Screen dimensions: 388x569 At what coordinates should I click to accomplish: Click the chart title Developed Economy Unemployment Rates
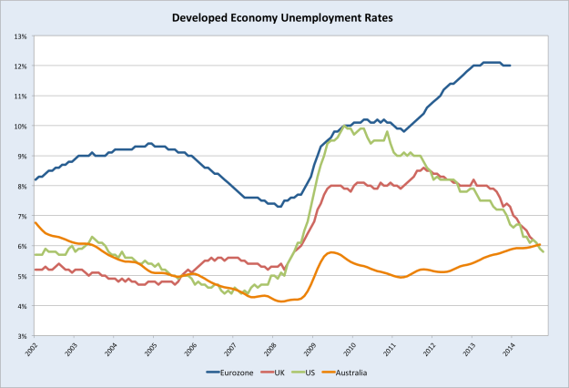pyautogui.click(x=284, y=16)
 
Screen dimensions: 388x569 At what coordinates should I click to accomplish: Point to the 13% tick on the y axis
pyautogui.click(x=20, y=36)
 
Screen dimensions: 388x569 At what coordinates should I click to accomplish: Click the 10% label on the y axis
pyautogui.click(x=20, y=126)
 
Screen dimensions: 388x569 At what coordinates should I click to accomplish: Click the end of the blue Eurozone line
pyautogui.click(x=511, y=66)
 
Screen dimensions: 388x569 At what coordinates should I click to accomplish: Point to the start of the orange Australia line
pyautogui.click(x=35, y=222)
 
